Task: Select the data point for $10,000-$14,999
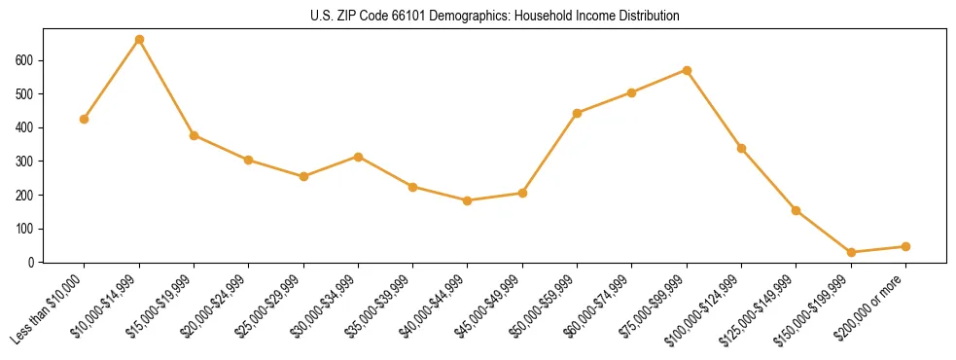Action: pyautogui.click(x=139, y=40)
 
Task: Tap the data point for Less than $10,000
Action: pyautogui.click(x=85, y=119)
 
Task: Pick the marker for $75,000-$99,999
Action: pyautogui.click(x=687, y=70)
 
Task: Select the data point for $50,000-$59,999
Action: pyautogui.click(x=577, y=113)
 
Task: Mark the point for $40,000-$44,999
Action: pyautogui.click(x=468, y=200)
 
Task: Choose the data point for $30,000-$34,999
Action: pyautogui.click(x=358, y=157)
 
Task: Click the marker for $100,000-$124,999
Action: pyautogui.click(x=741, y=148)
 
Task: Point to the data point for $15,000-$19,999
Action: pyautogui.click(x=194, y=135)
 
